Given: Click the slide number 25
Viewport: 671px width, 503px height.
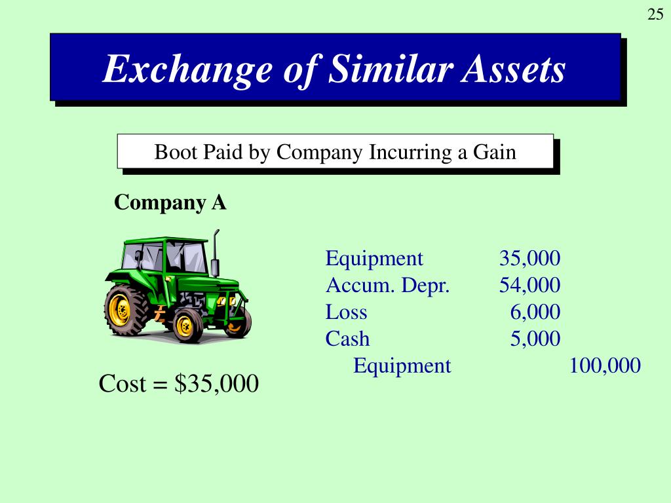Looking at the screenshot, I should tap(655, 15).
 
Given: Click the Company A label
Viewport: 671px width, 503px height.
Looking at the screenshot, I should tap(170, 203).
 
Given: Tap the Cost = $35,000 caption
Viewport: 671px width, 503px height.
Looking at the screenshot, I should tap(178, 384).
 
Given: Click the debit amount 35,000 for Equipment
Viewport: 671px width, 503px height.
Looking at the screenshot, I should tap(529, 258).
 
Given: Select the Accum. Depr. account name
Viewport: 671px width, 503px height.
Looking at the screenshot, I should tap(388, 285).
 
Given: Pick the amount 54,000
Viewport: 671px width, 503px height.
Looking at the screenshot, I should tap(529, 285).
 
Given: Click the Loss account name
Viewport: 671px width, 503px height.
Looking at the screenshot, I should tap(346, 312).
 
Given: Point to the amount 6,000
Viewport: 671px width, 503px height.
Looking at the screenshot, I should tap(535, 312).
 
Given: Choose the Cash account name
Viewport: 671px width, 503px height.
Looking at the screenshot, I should tap(347, 339).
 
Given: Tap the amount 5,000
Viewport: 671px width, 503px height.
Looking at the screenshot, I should tap(535, 339).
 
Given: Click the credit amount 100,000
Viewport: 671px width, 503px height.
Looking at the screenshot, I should tap(605, 365).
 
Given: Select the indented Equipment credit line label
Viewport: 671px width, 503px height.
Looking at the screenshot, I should tap(402, 365).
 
